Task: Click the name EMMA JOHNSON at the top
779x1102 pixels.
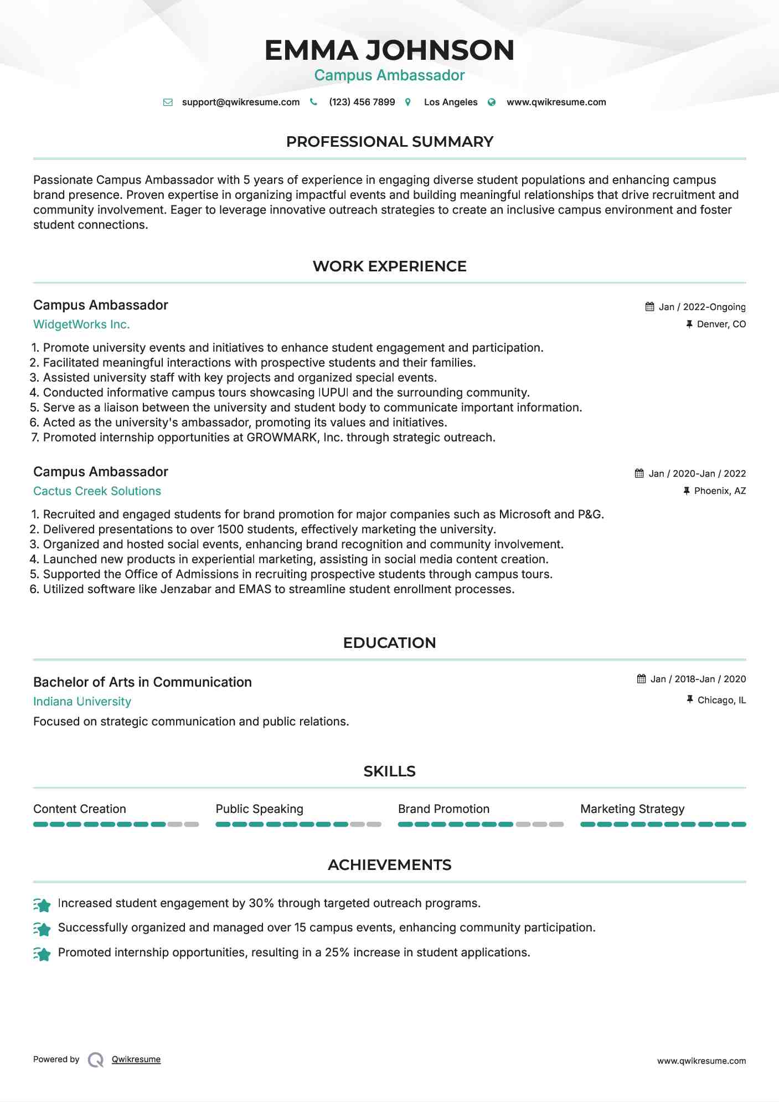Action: click(x=389, y=50)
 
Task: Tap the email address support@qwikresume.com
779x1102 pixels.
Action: click(x=240, y=102)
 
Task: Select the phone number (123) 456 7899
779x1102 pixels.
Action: click(x=362, y=102)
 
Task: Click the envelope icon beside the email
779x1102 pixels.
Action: click(x=168, y=102)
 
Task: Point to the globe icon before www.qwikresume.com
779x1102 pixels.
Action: click(x=492, y=102)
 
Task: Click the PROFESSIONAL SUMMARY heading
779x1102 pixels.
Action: click(x=389, y=142)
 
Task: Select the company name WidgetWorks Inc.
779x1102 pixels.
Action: click(x=81, y=325)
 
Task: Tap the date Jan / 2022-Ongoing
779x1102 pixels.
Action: click(x=701, y=307)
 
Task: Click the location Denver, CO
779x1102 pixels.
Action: click(x=721, y=325)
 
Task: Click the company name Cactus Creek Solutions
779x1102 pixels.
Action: click(x=97, y=492)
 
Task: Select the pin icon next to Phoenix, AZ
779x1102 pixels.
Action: click(x=687, y=491)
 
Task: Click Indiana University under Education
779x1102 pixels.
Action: click(x=82, y=702)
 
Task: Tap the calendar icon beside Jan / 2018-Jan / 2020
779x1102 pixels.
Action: click(x=641, y=679)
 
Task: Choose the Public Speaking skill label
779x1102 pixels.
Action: click(x=259, y=809)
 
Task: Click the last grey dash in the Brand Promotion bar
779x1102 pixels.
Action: click(x=556, y=825)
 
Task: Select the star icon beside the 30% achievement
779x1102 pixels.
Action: click(x=42, y=905)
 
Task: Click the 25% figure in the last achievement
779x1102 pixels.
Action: click(x=337, y=952)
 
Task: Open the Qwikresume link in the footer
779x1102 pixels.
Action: click(x=136, y=1059)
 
